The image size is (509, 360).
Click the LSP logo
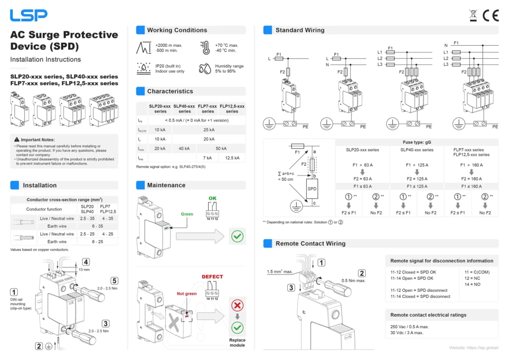[x=29, y=15]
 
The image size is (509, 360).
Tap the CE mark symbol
[x=491, y=16]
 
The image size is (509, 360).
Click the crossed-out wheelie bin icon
[x=474, y=15]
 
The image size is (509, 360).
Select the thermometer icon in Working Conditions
[x=205, y=48]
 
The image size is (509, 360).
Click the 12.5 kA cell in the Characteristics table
[x=232, y=158]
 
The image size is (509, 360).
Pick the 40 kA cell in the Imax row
[x=184, y=148]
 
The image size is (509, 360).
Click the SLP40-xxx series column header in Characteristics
[x=184, y=108]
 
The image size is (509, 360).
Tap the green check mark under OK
[x=238, y=236]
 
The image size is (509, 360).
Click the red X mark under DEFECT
[x=238, y=305]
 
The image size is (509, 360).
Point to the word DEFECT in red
[x=212, y=276]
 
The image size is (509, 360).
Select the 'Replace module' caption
[x=237, y=343]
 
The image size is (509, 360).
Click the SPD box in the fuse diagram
[x=312, y=189]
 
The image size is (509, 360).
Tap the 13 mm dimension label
[x=85, y=270]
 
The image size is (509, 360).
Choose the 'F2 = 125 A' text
[x=417, y=179]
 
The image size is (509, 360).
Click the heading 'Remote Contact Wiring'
[x=310, y=244]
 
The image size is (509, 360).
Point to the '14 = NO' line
[x=473, y=284]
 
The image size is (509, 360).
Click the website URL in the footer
[x=473, y=348]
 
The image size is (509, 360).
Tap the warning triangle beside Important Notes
[x=17, y=140]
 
